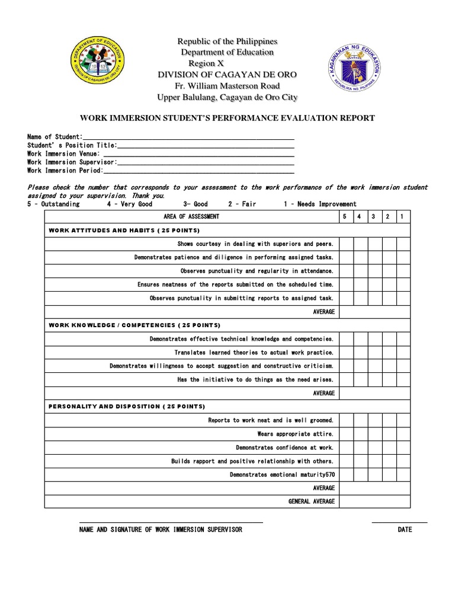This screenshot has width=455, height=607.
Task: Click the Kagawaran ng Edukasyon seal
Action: [354, 70]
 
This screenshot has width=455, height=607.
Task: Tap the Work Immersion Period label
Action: [65, 170]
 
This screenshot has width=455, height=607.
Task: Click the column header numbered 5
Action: [346, 217]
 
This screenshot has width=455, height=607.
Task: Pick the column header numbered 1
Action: [403, 217]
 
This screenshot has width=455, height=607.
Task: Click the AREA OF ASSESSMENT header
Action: [191, 217]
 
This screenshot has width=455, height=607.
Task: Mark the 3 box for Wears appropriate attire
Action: [374, 434]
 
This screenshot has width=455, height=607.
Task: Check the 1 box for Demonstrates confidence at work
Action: [403, 448]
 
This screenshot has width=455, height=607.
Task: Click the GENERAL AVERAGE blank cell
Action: [374, 501]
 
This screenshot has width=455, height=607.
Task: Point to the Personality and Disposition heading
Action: [127, 407]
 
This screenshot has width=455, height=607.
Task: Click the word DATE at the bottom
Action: [405, 529]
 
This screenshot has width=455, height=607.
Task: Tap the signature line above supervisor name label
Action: [171, 522]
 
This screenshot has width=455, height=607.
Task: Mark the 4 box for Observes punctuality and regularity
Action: [360, 271]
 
